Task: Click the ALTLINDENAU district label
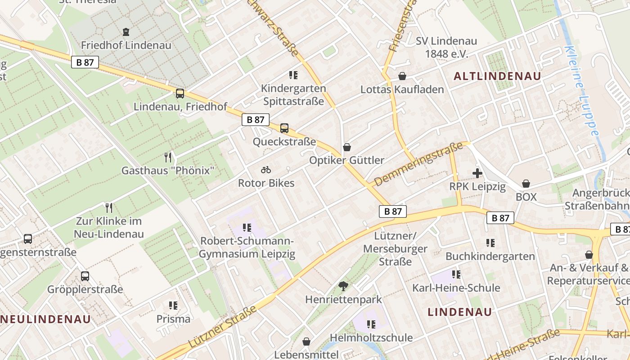[497, 76]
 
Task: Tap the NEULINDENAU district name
[45, 319]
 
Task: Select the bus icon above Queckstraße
[284, 128]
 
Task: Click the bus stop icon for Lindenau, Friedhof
[180, 94]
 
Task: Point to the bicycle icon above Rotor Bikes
[266, 170]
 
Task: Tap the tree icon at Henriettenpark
[343, 286]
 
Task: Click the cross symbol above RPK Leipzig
[477, 173]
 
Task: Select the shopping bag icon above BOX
[526, 184]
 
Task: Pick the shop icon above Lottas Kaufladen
[402, 76]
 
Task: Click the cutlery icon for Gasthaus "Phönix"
[168, 157]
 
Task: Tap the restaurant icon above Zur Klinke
[108, 207]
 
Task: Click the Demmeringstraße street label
[418, 164]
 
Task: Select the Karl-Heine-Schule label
[456, 288]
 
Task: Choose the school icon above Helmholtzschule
[371, 324]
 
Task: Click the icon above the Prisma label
[173, 306]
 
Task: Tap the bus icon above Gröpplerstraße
[85, 276]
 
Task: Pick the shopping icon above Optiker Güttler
[346, 147]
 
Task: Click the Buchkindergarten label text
[490, 256]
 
